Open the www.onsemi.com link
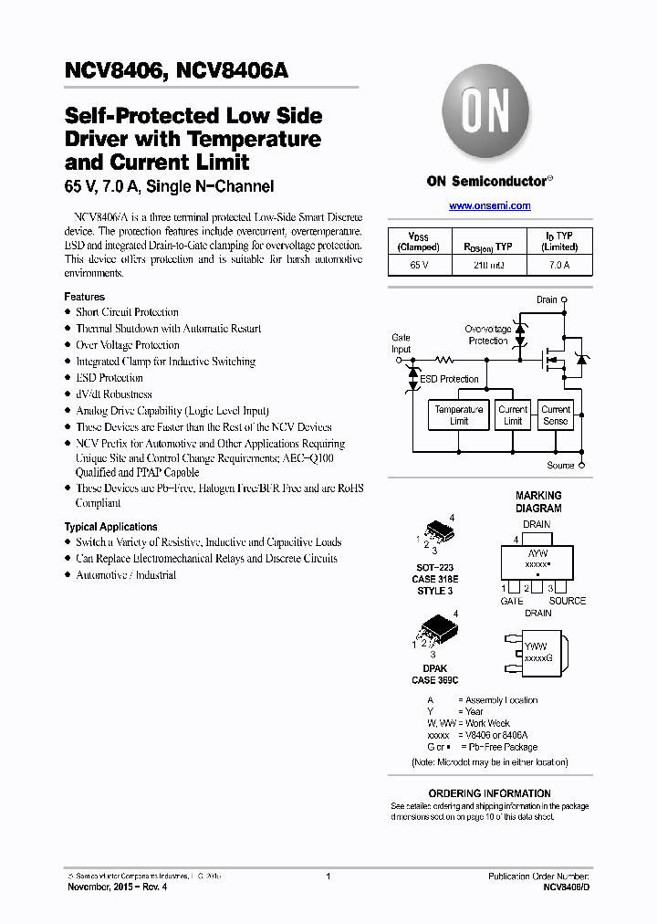coord(490,205)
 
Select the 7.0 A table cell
coord(558,265)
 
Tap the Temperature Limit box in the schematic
coord(458,415)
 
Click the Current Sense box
coord(555,415)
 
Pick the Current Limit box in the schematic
coord(513,415)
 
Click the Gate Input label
coord(401,343)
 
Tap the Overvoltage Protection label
coord(488,335)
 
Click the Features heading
coord(84,297)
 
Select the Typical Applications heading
coord(110,527)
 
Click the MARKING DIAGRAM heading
coord(538,502)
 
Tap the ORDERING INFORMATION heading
coord(489,793)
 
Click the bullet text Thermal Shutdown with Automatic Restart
coord(168,329)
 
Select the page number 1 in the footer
coord(328,877)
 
